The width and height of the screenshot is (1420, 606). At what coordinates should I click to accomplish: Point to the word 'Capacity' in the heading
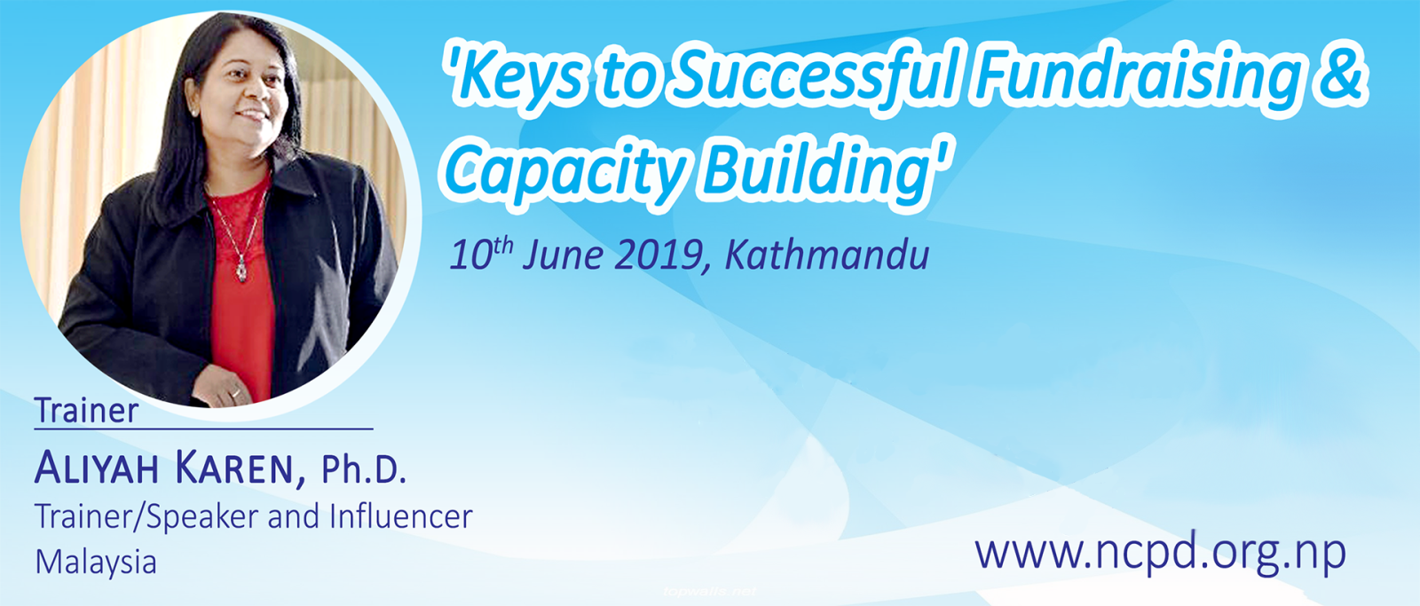pyautogui.click(x=565, y=172)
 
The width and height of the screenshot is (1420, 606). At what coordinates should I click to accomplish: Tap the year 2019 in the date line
pyautogui.click(x=659, y=255)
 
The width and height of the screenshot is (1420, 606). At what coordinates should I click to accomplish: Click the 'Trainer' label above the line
pyautogui.click(x=86, y=410)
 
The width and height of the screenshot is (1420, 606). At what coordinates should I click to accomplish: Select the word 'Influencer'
pyautogui.click(x=400, y=516)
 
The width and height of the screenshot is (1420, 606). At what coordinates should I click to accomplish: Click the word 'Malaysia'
pyautogui.click(x=96, y=563)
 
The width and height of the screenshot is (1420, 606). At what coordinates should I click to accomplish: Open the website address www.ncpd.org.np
pyautogui.click(x=1160, y=553)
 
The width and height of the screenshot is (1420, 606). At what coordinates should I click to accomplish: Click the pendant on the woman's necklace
pyautogui.click(x=241, y=271)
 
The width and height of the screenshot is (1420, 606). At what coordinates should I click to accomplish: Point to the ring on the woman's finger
pyautogui.click(x=235, y=393)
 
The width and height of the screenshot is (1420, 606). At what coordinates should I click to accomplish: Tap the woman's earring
pyautogui.click(x=193, y=112)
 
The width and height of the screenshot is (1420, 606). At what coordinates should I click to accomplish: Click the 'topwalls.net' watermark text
pyautogui.click(x=709, y=592)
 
